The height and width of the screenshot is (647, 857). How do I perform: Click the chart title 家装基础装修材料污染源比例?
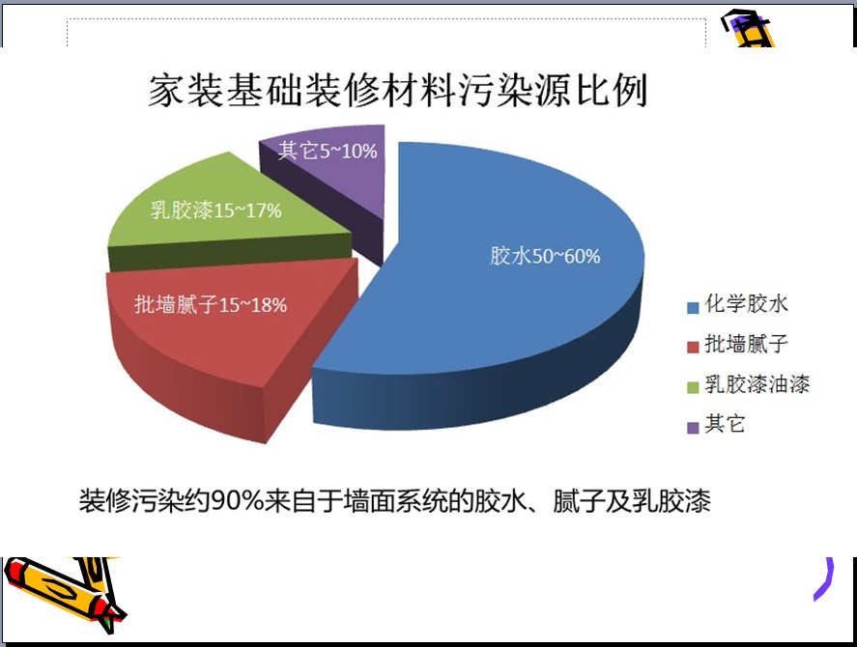coord(398,90)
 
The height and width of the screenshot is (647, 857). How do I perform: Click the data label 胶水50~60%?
coord(545,256)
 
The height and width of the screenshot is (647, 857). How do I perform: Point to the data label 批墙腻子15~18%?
coord(211,304)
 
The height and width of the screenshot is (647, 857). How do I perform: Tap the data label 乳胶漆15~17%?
coord(215,211)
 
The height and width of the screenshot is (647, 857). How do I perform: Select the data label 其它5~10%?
coord(328,151)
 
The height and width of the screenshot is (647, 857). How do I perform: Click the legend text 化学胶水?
coord(746,304)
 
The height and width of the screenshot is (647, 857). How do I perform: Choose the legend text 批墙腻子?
coord(746,344)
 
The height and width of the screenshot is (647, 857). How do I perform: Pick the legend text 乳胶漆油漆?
coord(757,384)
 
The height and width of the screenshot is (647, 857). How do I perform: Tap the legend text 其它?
coord(725,424)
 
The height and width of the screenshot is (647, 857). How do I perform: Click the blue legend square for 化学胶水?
coord(693,308)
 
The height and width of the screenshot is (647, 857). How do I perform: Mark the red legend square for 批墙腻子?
coord(693,348)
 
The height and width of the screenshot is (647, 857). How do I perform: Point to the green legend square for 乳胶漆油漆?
coord(693,387)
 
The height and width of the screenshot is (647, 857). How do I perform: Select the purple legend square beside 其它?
coord(693,428)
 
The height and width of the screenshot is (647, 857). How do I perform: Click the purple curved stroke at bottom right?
coord(826,580)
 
